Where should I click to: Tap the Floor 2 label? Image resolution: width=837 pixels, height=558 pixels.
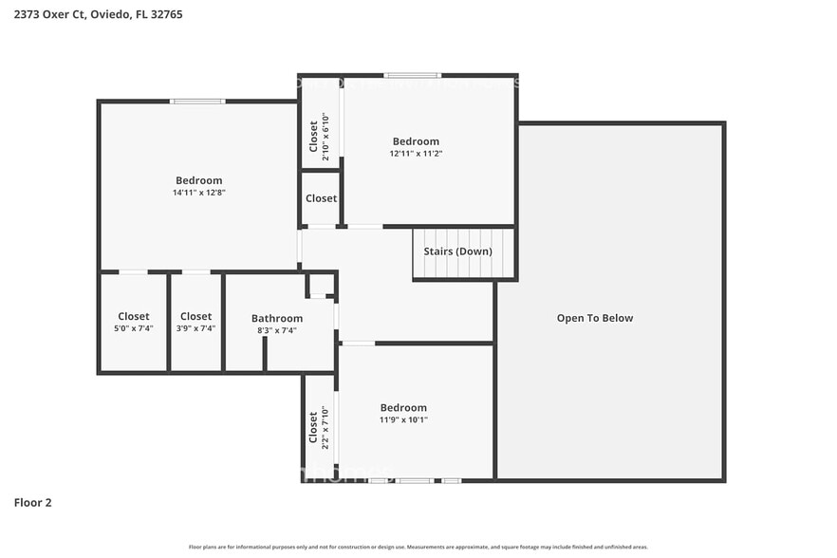click(32, 502)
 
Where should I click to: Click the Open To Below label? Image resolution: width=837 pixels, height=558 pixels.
click(594, 318)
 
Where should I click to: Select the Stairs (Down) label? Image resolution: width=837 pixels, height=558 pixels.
click(457, 251)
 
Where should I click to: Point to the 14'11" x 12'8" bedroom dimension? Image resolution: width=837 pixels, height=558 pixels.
click(198, 193)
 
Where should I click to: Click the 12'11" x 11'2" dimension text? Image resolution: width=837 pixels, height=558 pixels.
click(416, 154)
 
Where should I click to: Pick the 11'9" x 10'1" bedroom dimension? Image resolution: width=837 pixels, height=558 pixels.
click(403, 419)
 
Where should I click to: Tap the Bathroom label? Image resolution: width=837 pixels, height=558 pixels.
click(277, 318)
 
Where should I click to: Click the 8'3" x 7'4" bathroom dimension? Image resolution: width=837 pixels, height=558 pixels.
click(277, 330)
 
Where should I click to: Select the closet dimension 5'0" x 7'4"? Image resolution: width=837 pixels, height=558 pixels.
click(133, 328)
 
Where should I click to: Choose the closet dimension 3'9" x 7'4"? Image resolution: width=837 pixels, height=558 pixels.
click(195, 328)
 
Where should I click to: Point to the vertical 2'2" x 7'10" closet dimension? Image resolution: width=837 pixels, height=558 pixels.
click(325, 427)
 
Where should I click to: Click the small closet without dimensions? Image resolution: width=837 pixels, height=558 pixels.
click(321, 198)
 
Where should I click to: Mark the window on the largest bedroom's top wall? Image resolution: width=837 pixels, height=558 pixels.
click(197, 101)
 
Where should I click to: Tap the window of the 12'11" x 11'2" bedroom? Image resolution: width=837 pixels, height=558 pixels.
click(412, 75)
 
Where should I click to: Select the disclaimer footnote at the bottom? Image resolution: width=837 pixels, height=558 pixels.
click(418, 547)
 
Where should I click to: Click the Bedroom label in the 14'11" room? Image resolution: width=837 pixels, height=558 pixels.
click(198, 180)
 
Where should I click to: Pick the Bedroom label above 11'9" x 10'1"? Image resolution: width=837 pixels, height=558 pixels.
click(403, 408)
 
